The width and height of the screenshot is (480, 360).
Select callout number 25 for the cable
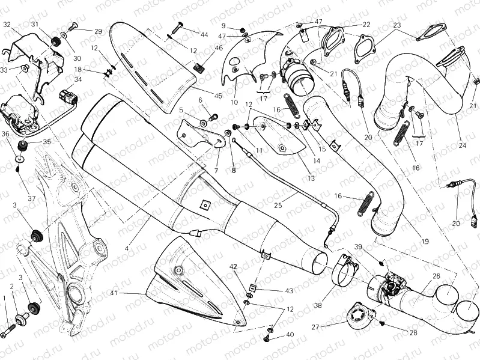point(278,206)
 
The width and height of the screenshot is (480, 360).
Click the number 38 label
point(317,305)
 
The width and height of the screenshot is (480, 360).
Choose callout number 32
point(7,25)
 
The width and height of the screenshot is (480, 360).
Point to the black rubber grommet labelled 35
point(24,146)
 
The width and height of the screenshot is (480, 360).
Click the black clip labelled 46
point(200,67)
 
